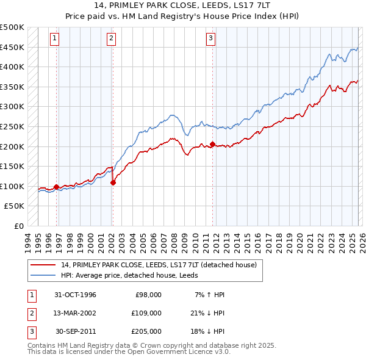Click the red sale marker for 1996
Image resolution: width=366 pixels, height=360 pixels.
tap(57, 187)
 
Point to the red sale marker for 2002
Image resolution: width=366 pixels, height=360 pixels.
tap(113, 182)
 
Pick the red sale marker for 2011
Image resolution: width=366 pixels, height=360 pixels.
tap(212, 144)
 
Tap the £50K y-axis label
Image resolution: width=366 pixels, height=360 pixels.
tap(15, 206)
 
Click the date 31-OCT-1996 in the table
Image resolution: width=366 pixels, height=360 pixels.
tap(75, 295)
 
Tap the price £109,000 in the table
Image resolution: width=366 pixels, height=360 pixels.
tap(146, 313)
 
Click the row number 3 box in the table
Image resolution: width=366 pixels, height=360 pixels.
tap(30, 331)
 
